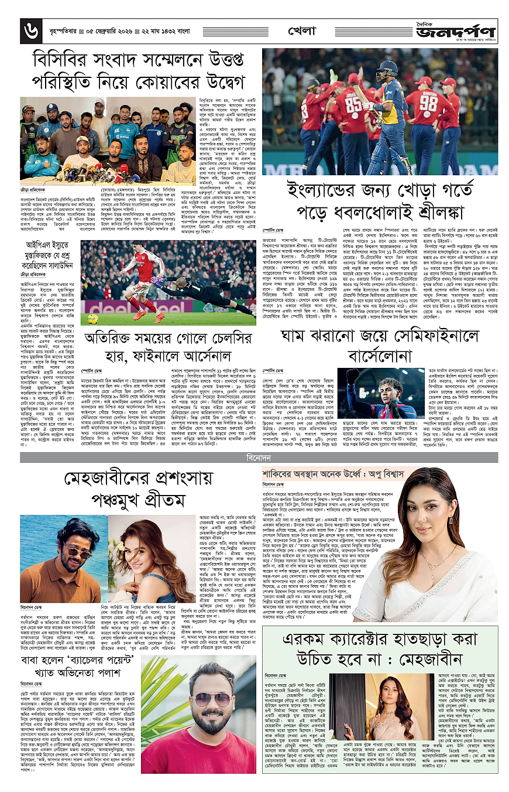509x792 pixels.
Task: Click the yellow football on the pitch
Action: (x=92, y=318)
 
